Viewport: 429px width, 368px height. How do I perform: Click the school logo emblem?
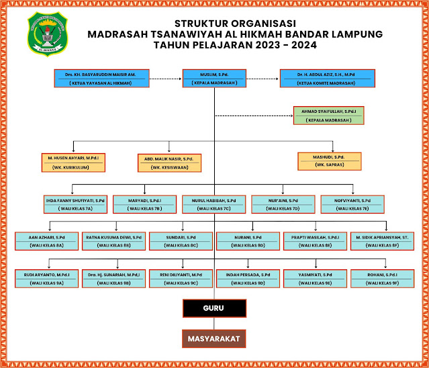coord(48,33)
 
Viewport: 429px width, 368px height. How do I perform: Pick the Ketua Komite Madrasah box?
coord(328,77)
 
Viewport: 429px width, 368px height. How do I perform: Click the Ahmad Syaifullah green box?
coord(328,115)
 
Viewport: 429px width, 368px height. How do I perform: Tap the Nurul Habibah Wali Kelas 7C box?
coord(214,204)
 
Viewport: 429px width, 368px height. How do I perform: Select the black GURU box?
coord(214,308)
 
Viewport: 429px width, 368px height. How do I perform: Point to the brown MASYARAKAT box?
coord(214,338)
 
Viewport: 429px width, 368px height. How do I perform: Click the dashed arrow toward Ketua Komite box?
coord(263,78)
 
